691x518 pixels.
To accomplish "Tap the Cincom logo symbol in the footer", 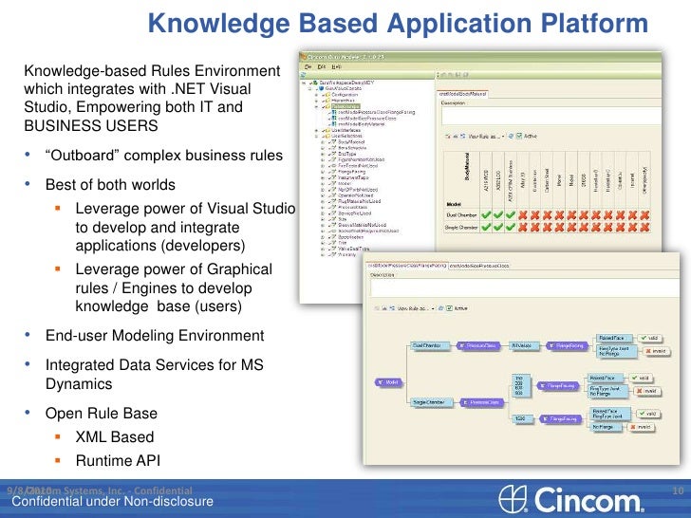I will pyautogui.click(x=513, y=498).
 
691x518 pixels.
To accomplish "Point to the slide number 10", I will pyautogui.click(x=678, y=490).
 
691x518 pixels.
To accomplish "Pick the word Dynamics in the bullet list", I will pyautogui.click(x=78, y=384).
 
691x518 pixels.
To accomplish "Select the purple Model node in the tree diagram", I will pyautogui.click(x=387, y=382).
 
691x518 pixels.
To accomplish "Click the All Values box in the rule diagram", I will pyautogui.click(x=520, y=345).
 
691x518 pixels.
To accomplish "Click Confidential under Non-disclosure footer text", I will pyautogui.click(x=112, y=502).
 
